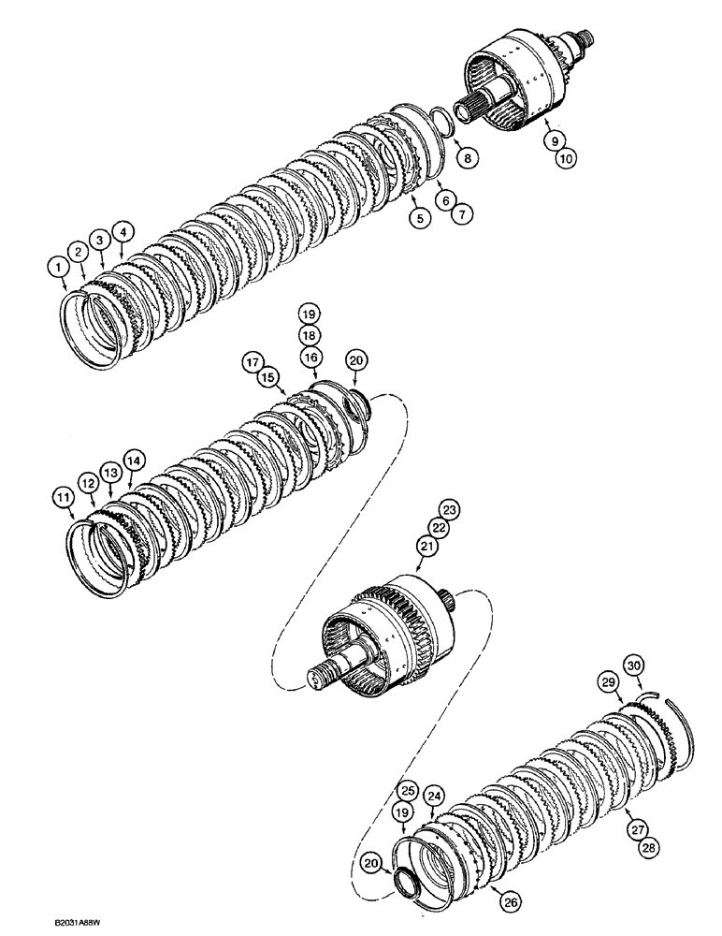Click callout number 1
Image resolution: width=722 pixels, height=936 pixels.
pyautogui.click(x=59, y=268)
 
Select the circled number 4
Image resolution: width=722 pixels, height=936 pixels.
pyautogui.click(x=120, y=230)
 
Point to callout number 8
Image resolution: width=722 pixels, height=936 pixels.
pyautogui.click(x=464, y=159)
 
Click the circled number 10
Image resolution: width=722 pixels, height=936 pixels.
pyautogui.click(x=564, y=160)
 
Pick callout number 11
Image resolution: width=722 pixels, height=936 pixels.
pyautogui.click(x=64, y=499)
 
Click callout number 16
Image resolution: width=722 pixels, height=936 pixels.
pyautogui.click(x=310, y=358)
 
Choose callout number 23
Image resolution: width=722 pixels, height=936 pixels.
pyautogui.click(x=451, y=511)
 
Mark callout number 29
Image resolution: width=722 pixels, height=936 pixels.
pyautogui.click(x=610, y=684)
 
